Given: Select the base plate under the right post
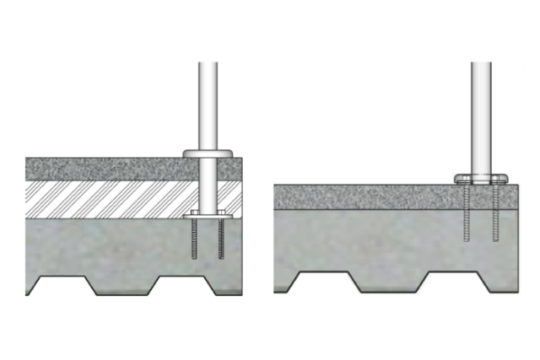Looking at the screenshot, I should coord(481,179).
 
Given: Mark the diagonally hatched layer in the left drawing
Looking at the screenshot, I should coord(110,200).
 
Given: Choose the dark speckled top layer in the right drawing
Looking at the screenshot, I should coord(363,196).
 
